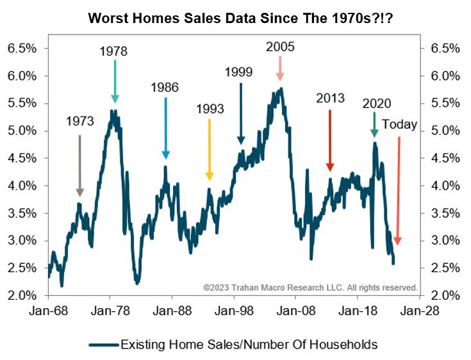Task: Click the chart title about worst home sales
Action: (x=235, y=20)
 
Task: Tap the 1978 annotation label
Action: (x=115, y=50)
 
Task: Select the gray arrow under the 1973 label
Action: (x=79, y=165)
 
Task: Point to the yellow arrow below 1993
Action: (x=209, y=149)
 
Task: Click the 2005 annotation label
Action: (x=279, y=46)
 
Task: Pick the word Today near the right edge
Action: (x=399, y=124)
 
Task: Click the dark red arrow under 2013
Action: (x=330, y=140)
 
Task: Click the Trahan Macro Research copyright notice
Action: (x=310, y=288)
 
